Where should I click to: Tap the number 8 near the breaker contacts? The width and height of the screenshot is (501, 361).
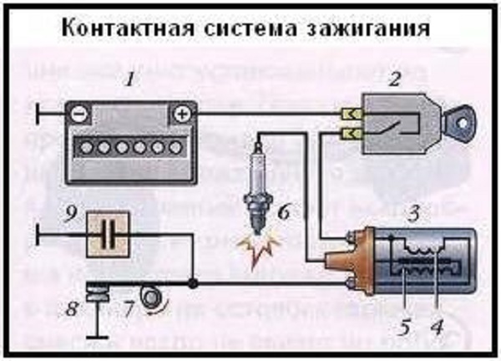(73, 311)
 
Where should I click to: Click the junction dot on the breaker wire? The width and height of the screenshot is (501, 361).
(195, 284)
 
